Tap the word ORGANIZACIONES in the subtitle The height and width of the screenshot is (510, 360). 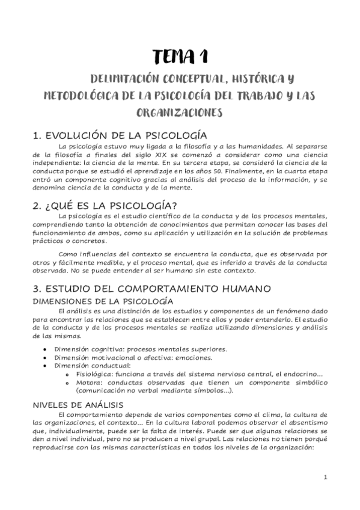tap(180, 112)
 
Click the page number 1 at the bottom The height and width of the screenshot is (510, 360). tap(325, 478)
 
